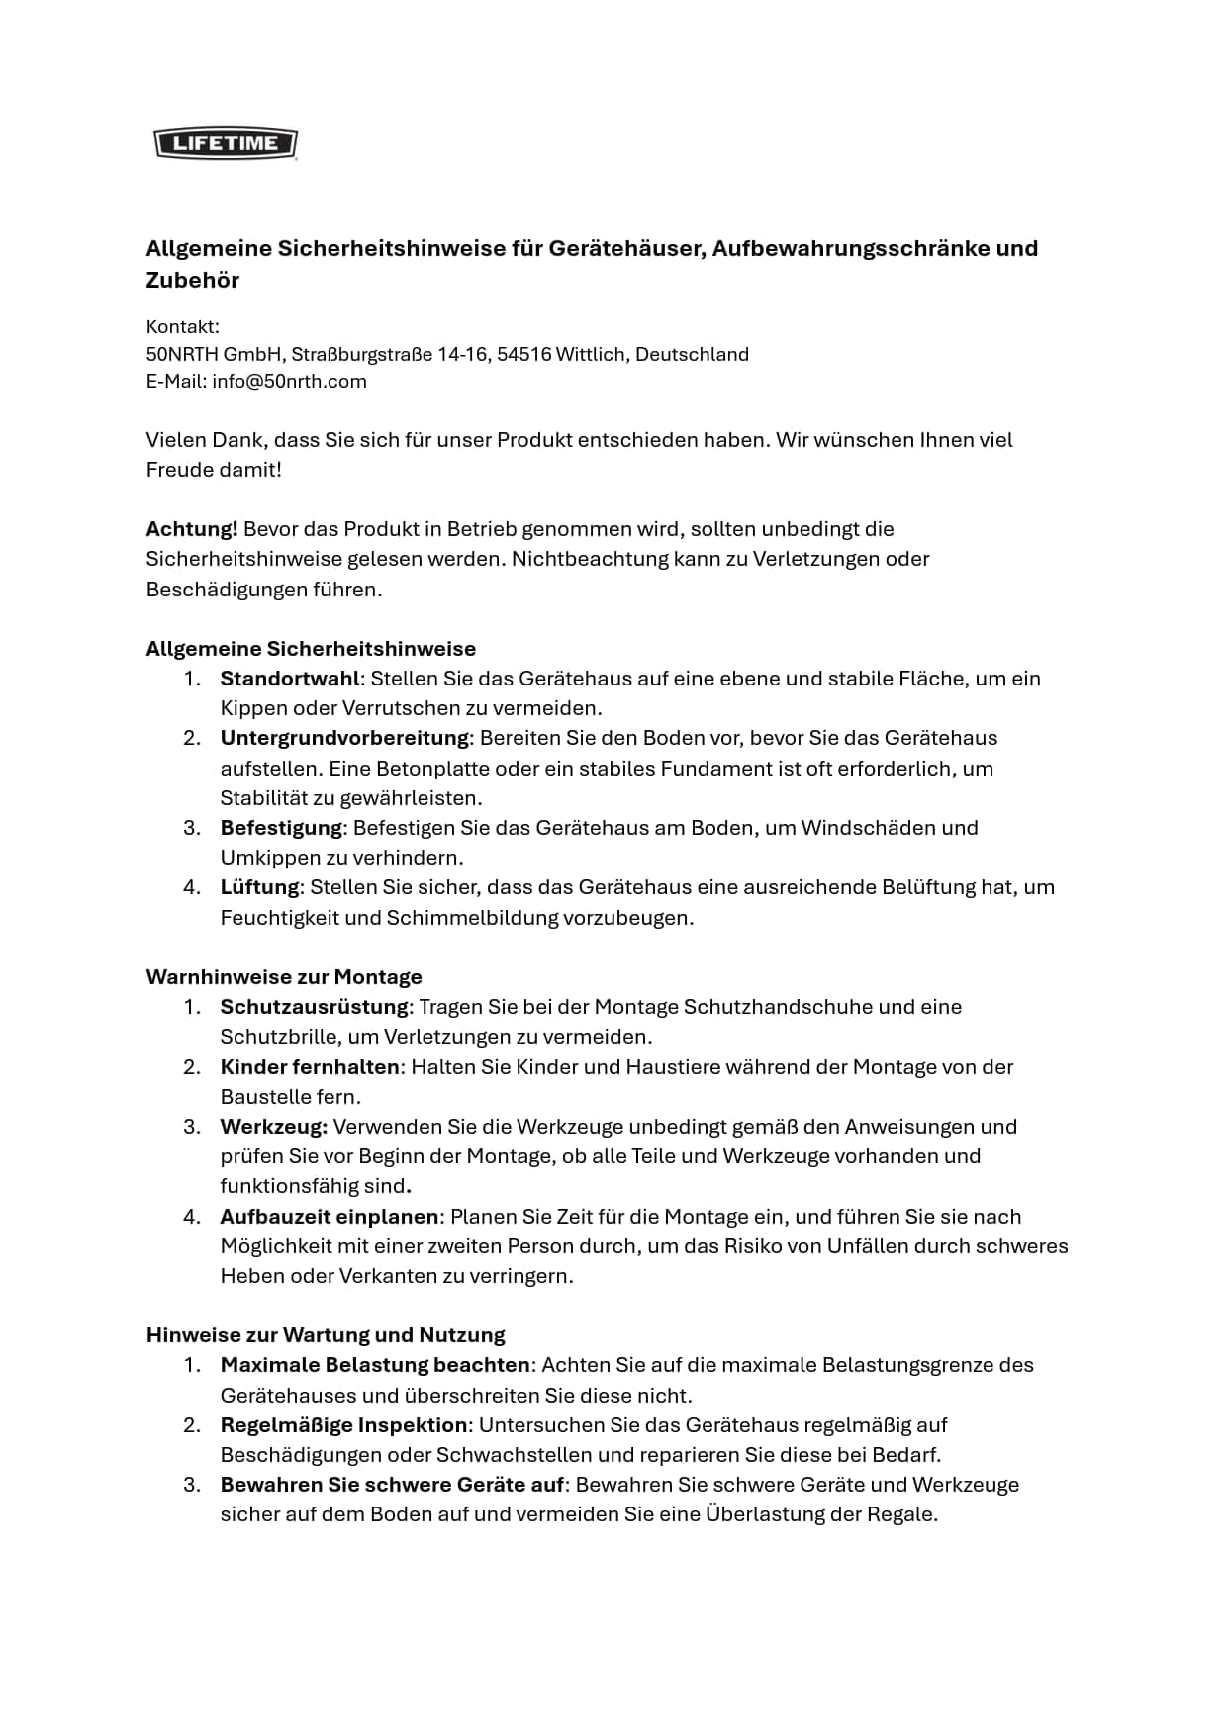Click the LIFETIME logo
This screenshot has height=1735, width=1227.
coord(226,143)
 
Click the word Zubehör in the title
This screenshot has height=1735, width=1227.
coord(193,280)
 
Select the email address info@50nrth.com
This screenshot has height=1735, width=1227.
coord(289,382)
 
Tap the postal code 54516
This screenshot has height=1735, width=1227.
coord(523,354)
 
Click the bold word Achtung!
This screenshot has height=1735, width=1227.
coord(192,529)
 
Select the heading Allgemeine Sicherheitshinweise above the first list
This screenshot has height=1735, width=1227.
coord(311,649)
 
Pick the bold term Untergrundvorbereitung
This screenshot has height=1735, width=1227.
coord(344,738)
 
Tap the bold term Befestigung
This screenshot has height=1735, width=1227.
coord(281,828)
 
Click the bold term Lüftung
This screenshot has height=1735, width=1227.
coord(259,887)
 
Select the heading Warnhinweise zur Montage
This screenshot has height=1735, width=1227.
coord(284,977)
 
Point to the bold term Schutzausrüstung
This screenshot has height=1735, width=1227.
coord(314,1007)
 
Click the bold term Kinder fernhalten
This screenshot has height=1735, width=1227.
coord(310,1067)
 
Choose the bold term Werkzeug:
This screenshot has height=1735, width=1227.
coord(273,1127)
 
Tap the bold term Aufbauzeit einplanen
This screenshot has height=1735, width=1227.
coord(330,1217)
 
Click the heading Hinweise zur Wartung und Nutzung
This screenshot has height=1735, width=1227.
coord(326,1335)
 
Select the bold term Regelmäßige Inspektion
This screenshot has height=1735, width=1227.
coord(343,1425)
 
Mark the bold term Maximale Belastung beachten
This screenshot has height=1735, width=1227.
coord(375,1365)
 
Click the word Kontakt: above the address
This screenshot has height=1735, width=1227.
coord(183,327)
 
